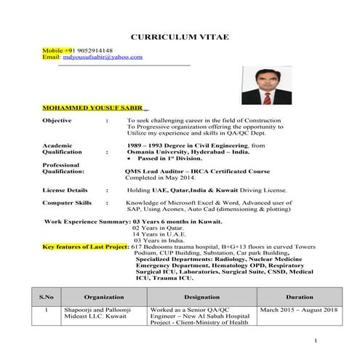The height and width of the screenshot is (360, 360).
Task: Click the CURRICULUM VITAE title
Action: coord(180,36)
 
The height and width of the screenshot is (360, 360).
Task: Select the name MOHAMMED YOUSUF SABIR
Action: coord(93,107)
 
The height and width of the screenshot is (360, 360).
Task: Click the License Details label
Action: coord(66,189)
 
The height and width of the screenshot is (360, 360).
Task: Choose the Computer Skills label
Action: coord(67,203)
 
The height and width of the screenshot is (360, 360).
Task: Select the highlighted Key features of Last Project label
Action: coord(85,247)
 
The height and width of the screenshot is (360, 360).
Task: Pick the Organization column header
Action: coord(104,297)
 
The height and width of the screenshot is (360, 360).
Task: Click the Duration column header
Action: coord(299,297)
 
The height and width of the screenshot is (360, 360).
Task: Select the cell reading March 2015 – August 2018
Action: coord(299,311)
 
